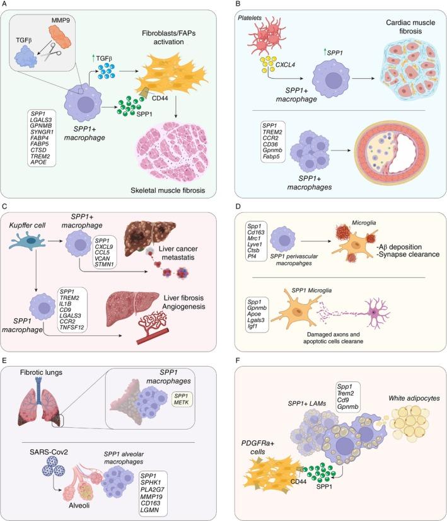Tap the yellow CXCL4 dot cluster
click(262, 62)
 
